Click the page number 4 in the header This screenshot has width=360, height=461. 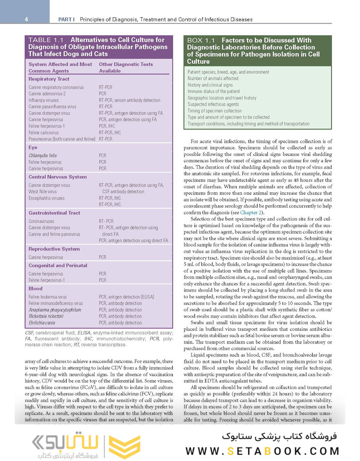pos(26,19)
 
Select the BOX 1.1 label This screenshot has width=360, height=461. pos(201,40)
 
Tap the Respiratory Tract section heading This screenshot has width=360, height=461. pos(49,79)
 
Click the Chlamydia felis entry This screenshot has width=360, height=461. pos(43,156)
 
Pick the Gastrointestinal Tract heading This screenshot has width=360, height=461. pos(54,213)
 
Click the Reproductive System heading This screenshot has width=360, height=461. pos(54,249)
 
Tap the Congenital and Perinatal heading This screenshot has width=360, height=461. pos(58,266)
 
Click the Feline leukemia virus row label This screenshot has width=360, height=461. pos(48,297)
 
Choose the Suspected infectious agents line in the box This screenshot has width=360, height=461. pos(213,104)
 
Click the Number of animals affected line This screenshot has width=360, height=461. pos(213,79)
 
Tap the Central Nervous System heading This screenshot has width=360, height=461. pos(58,177)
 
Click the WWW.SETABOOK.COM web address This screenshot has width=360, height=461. pos(262,451)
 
